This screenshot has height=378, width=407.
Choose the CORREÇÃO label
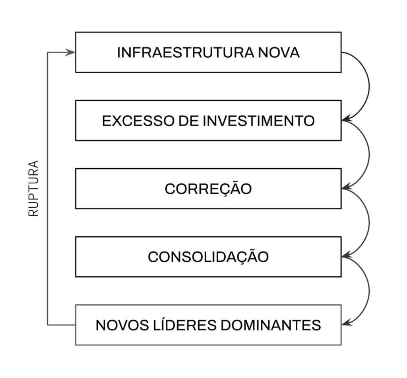[x=208, y=189]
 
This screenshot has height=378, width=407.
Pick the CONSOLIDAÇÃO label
[x=208, y=257]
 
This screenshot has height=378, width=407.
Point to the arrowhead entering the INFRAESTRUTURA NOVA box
[x=71, y=53]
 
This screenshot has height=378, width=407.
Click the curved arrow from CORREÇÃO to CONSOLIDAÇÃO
[x=369, y=223]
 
